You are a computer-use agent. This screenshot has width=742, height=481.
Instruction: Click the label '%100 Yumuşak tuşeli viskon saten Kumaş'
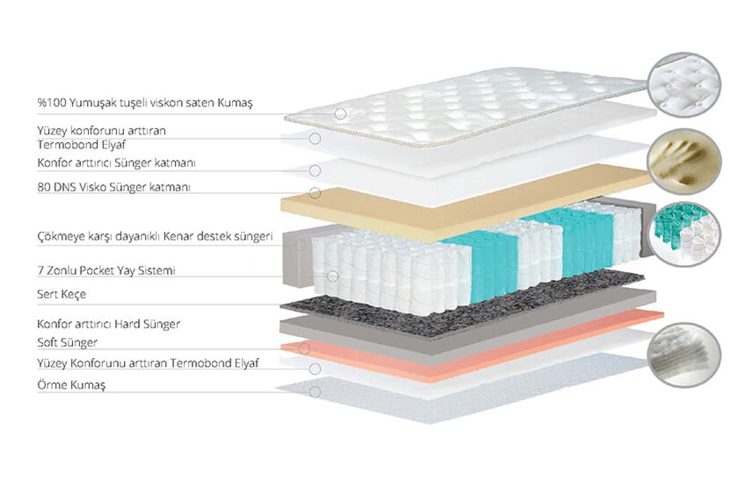(x=145, y=102)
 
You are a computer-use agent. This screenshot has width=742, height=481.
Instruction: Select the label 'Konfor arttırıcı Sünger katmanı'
(x=116, y=163)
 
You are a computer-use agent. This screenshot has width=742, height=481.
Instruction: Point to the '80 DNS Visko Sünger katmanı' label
(x=114, y=187)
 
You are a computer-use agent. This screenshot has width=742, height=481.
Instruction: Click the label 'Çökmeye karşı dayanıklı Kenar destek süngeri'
(x=155, y=237)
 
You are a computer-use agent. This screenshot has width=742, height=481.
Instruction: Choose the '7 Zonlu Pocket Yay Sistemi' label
(x=106, y=271)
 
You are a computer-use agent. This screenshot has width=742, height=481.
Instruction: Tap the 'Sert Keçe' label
(x=62, y=294)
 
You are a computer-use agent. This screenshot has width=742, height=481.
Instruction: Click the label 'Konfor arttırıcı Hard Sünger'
(x=109, y=324)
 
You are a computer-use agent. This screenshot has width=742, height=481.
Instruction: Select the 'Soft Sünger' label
(x=67, y=342)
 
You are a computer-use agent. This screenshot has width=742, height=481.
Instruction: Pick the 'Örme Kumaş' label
(x=71, y=385)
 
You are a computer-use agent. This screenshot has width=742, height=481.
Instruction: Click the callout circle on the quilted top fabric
(x=340, y=114)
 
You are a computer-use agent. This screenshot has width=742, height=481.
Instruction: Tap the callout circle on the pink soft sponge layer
(x=304, y=348)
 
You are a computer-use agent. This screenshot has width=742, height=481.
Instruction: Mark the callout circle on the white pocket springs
(x=332, y=276)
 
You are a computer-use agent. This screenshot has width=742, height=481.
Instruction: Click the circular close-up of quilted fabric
(x=684, y=85)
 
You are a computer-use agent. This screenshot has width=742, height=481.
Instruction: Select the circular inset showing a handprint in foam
(x=684, y=161)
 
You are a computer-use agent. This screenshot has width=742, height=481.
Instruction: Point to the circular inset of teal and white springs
(x=684, y=234)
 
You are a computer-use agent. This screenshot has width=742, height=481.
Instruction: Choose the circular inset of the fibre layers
(x=684, y=355)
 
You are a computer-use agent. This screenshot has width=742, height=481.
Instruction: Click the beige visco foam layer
(x=464, y=205)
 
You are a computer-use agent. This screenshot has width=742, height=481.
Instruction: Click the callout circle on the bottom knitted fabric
(x=315, y=392)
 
